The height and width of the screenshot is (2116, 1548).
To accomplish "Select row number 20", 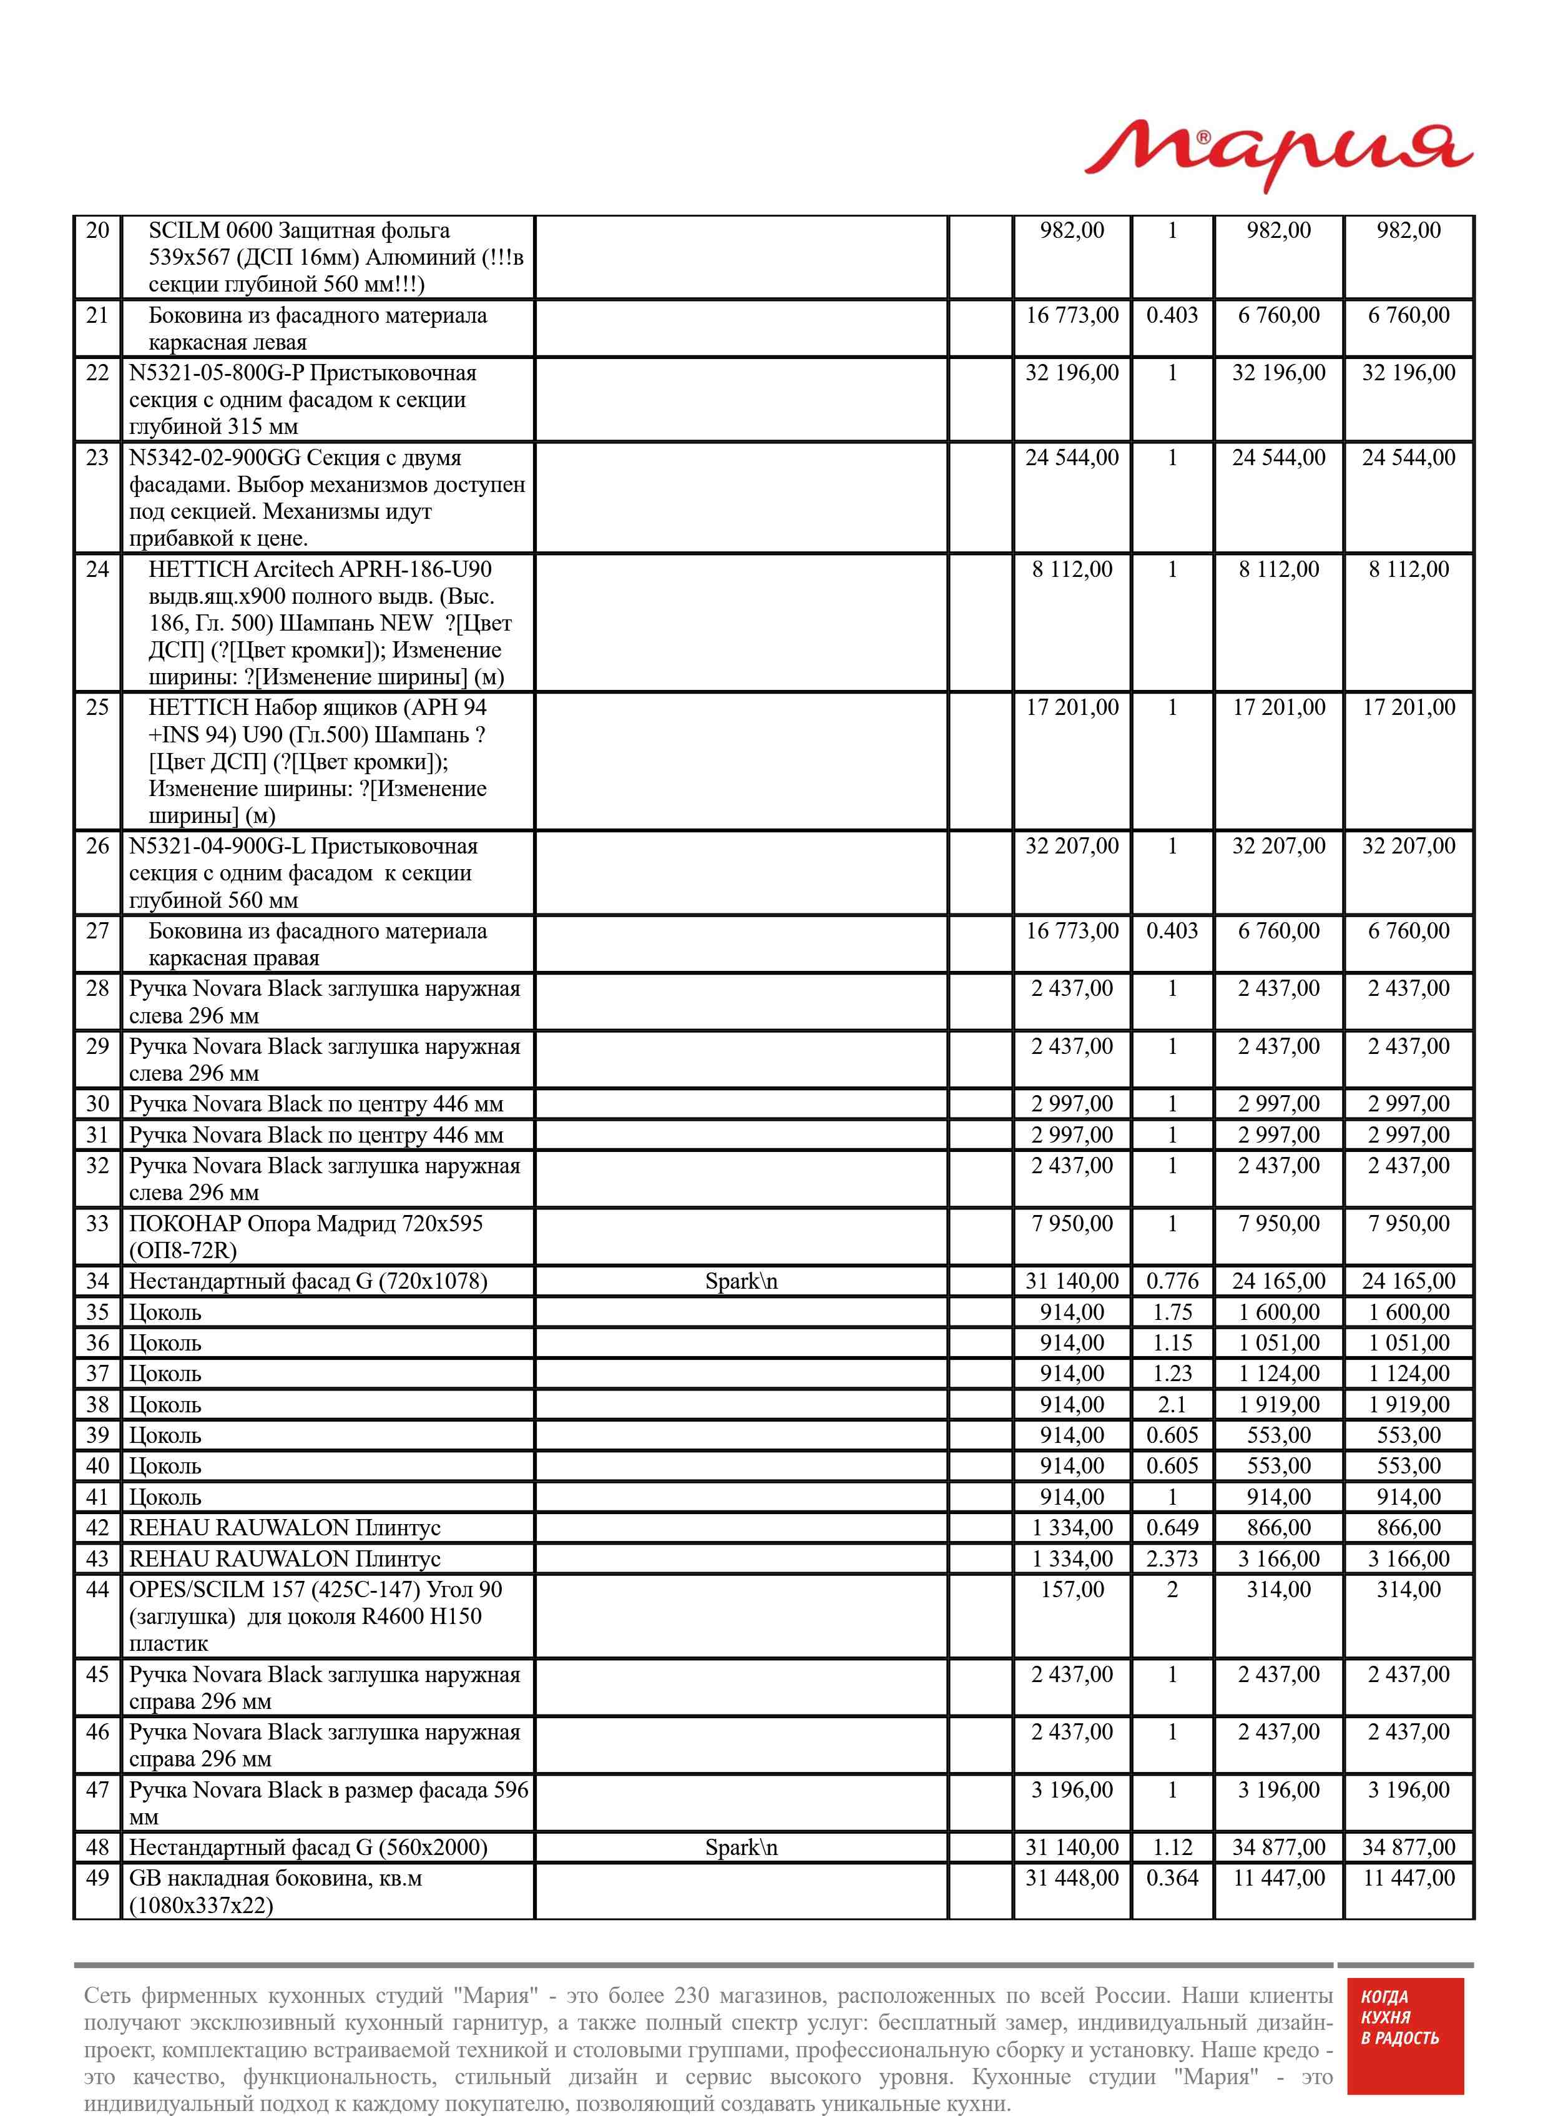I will pos(97,230).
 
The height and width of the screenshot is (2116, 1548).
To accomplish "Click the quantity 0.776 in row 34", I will pos(1172,1281).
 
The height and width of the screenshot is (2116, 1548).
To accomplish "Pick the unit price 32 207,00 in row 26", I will pos(1071,846).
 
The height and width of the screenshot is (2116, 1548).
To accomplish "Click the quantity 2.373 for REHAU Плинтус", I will pos(1172,1558).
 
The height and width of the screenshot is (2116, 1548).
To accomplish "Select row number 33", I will pos(97,1224).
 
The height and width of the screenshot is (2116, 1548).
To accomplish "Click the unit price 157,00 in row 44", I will pos(1072,1590).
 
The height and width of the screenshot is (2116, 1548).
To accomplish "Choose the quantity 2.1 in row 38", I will pos(1172,1405).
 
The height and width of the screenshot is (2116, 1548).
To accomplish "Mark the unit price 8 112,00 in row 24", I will pos(1071,570).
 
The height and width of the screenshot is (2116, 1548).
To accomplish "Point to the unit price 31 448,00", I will pos(1071,1878).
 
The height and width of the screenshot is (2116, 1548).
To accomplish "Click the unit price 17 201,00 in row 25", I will pos(1071,707).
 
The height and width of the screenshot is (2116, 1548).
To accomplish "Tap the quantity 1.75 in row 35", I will pos(1172,1312).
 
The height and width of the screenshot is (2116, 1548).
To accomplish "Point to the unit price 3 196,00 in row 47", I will pos(1071,1790).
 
